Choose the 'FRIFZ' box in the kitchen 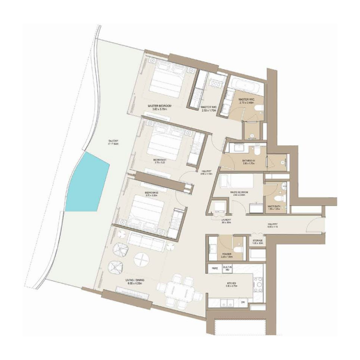pyautogui.click(x=215, y=269)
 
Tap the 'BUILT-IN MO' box pyautogui.click(x=228, y=269)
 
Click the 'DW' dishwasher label pyautogui.click(x=243, y=302)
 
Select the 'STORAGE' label pyautogui.click(x=257, y=242)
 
